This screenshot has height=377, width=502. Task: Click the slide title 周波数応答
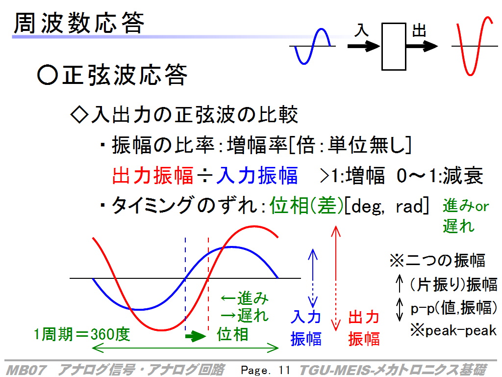coord(79,23)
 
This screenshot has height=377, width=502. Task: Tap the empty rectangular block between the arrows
coord(394,47)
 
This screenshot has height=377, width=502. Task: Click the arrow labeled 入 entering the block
coord(364,46)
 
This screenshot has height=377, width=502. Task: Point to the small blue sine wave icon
coord(312,47)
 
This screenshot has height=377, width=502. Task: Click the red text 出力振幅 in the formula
coord(153,175)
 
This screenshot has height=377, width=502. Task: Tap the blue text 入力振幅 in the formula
coord(257,175)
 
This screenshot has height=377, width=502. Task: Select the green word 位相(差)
coord(307,205)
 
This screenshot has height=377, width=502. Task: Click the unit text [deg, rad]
coord(387,206)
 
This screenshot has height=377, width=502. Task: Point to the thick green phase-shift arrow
coord(196,336)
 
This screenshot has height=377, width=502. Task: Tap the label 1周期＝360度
coord(82,334)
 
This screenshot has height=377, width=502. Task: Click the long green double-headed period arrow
coord(185,348)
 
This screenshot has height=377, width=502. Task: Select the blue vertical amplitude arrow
coord(312,278)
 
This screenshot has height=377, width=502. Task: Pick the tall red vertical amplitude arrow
coord(335,278)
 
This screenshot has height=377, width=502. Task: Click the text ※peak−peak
coord(453,330)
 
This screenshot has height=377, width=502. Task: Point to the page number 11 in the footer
coord(284,370)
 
